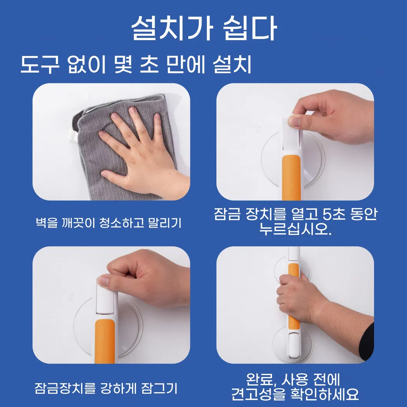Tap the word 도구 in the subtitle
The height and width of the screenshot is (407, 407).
40,65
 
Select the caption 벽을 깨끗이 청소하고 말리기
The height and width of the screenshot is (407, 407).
109,222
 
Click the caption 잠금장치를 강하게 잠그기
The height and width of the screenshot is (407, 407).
106,388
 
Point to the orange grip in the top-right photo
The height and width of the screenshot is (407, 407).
291,177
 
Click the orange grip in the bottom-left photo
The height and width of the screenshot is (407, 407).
105,341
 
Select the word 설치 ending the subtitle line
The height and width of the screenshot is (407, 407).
232,65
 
